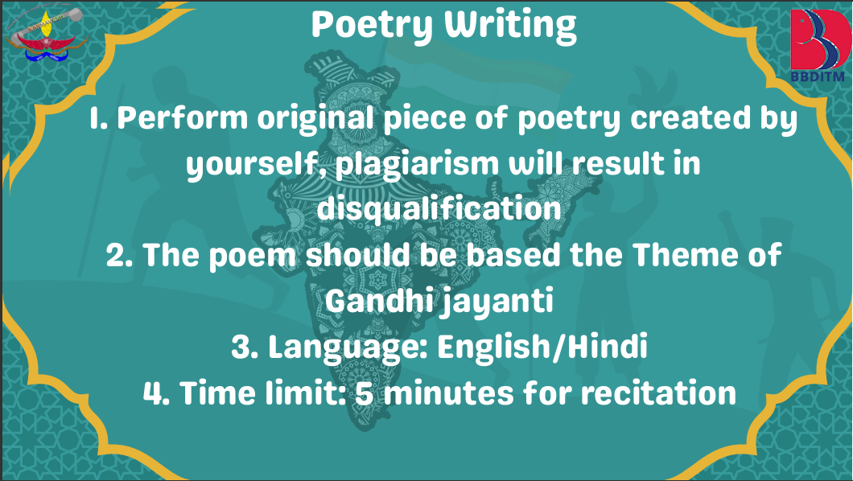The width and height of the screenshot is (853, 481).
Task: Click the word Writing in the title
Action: coord(510,26)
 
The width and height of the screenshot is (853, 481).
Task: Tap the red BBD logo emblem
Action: coord(820,39)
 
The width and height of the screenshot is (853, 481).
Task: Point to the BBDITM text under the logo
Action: coord(818,76)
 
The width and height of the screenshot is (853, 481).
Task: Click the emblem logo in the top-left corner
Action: coord(46,35)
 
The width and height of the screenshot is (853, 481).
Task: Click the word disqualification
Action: coord(439,209)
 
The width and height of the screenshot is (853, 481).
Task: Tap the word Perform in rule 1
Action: coord(182,117)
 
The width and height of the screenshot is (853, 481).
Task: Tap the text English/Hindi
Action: coord(542,346)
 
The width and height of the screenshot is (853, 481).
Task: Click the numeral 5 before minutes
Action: coord(365,393)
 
